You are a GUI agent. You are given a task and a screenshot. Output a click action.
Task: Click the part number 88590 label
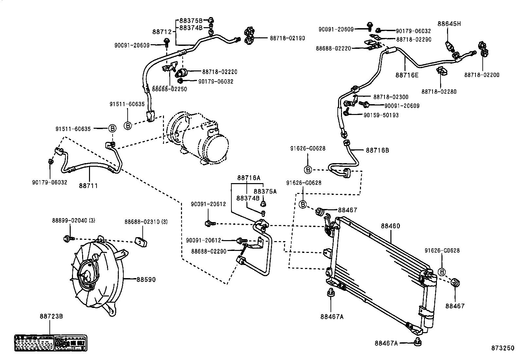[146, 280]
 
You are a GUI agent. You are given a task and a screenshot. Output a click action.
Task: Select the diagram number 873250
[502, 348]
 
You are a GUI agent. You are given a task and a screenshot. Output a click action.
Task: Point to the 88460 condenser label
[390, 226]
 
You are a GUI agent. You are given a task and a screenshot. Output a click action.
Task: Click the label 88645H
[449, 24]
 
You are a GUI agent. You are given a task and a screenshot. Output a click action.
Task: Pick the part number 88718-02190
[287, 38]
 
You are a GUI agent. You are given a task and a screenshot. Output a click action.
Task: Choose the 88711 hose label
[88, 186]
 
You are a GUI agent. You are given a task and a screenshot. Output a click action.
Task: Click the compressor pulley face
[216, 149]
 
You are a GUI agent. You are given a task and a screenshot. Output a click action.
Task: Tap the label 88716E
[407, 75]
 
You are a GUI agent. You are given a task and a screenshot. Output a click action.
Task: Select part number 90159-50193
[381, 115]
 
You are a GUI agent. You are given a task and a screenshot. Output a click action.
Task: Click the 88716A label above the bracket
[249, 178]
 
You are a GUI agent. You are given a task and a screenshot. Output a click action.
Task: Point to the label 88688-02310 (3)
[146, 222]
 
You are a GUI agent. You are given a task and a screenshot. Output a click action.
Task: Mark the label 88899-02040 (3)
[74, 221]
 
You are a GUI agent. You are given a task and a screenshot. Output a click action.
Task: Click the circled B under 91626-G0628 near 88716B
[308, 170]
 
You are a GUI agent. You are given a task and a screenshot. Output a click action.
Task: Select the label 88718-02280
[439, 92]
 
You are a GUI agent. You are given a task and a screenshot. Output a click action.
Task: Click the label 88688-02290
[208, 251]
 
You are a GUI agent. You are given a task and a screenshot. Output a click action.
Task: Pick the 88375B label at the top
[191, 21]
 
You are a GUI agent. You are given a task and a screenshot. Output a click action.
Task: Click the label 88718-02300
[391, 97]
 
